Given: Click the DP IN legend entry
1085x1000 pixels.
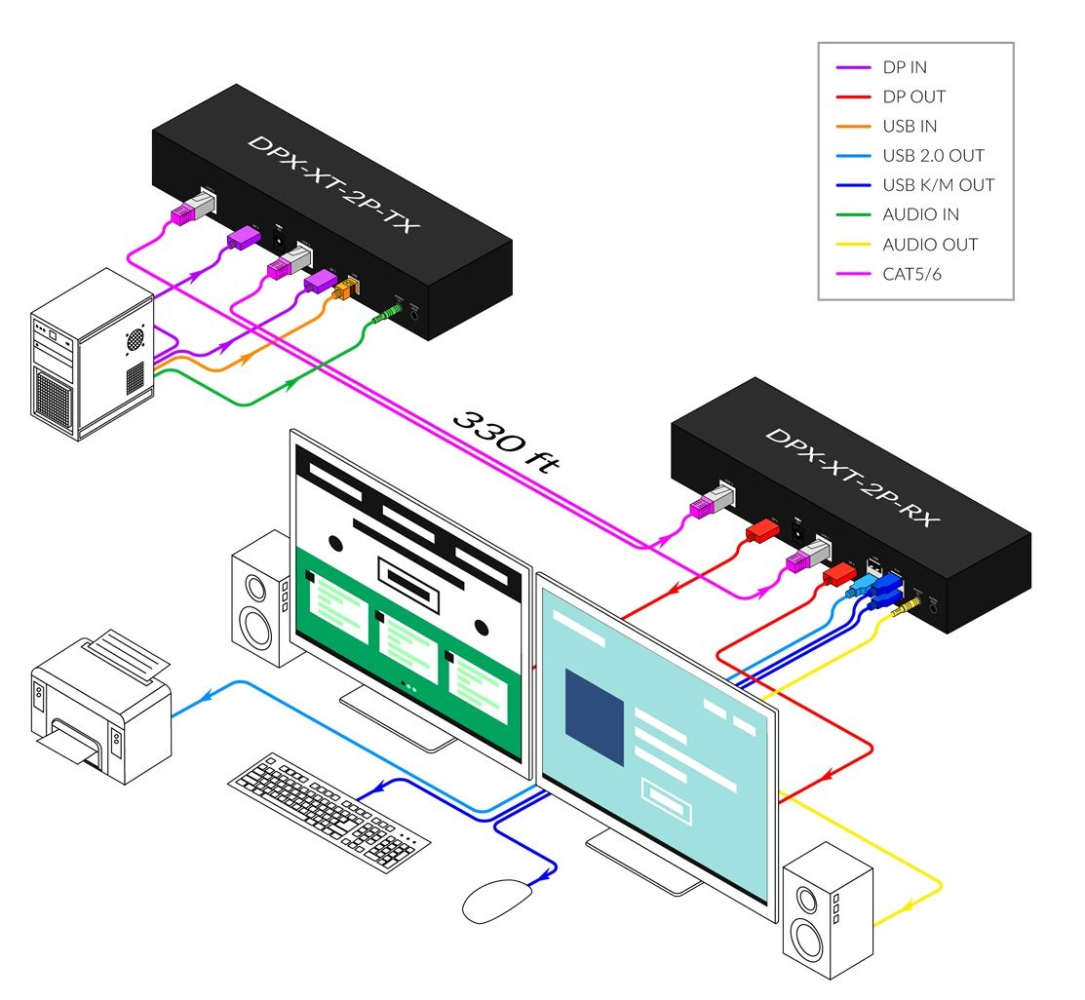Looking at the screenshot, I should (x=905, y=67).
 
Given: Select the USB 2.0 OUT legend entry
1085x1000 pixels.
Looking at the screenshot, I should (x=933, y=156).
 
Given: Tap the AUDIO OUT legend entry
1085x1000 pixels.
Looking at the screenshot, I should (x=930, y=245).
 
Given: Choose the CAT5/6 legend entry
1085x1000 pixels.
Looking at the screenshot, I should (x=911, y=274).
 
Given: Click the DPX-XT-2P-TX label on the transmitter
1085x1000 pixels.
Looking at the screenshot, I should (x=332, y=184).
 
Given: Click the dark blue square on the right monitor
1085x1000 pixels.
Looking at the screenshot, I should (x=594, y=715).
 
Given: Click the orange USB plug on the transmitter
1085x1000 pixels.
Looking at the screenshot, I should (x=345, y=289).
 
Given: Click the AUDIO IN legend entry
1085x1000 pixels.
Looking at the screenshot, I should (x=921, y=214).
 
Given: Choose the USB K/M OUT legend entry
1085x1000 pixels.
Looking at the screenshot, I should (x=938, y=185).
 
